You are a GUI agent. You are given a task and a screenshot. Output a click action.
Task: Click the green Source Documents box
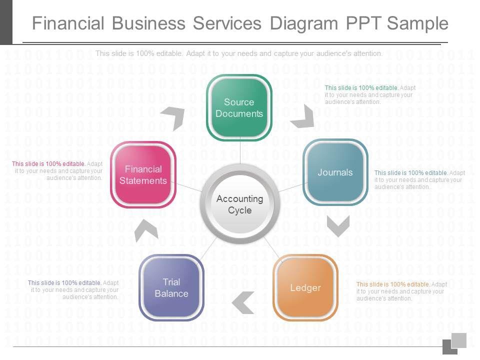point(239,107)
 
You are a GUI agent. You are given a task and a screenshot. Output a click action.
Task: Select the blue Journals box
point(335,172)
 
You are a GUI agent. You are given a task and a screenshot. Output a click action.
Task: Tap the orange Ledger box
point(305,287)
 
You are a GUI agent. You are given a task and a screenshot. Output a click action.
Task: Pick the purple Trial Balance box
point(171,287)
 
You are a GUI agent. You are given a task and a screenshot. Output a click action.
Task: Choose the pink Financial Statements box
point(143,174)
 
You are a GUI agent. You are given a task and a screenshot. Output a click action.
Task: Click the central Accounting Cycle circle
point(239,204)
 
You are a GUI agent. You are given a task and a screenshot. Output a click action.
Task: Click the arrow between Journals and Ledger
point(338,226)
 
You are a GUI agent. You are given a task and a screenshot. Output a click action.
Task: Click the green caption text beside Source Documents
point(370,94)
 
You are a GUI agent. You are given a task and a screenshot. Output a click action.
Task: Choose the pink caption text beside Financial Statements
point(57,170)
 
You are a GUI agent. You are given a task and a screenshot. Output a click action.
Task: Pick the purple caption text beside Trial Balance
point(73,289)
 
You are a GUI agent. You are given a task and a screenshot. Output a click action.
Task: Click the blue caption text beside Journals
point(419,179)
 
